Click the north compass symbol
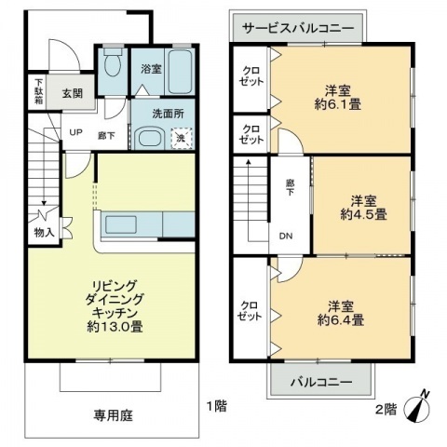[x=424, y=406]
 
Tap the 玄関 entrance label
[x=73, y=92]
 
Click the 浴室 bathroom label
[x=151, y=69]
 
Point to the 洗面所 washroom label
[x=163, y=114]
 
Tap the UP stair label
[x=74, y=131]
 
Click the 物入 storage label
[x=44, y=231]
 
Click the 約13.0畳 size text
[x=115, y=327]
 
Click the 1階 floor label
[x=216, y=406]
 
